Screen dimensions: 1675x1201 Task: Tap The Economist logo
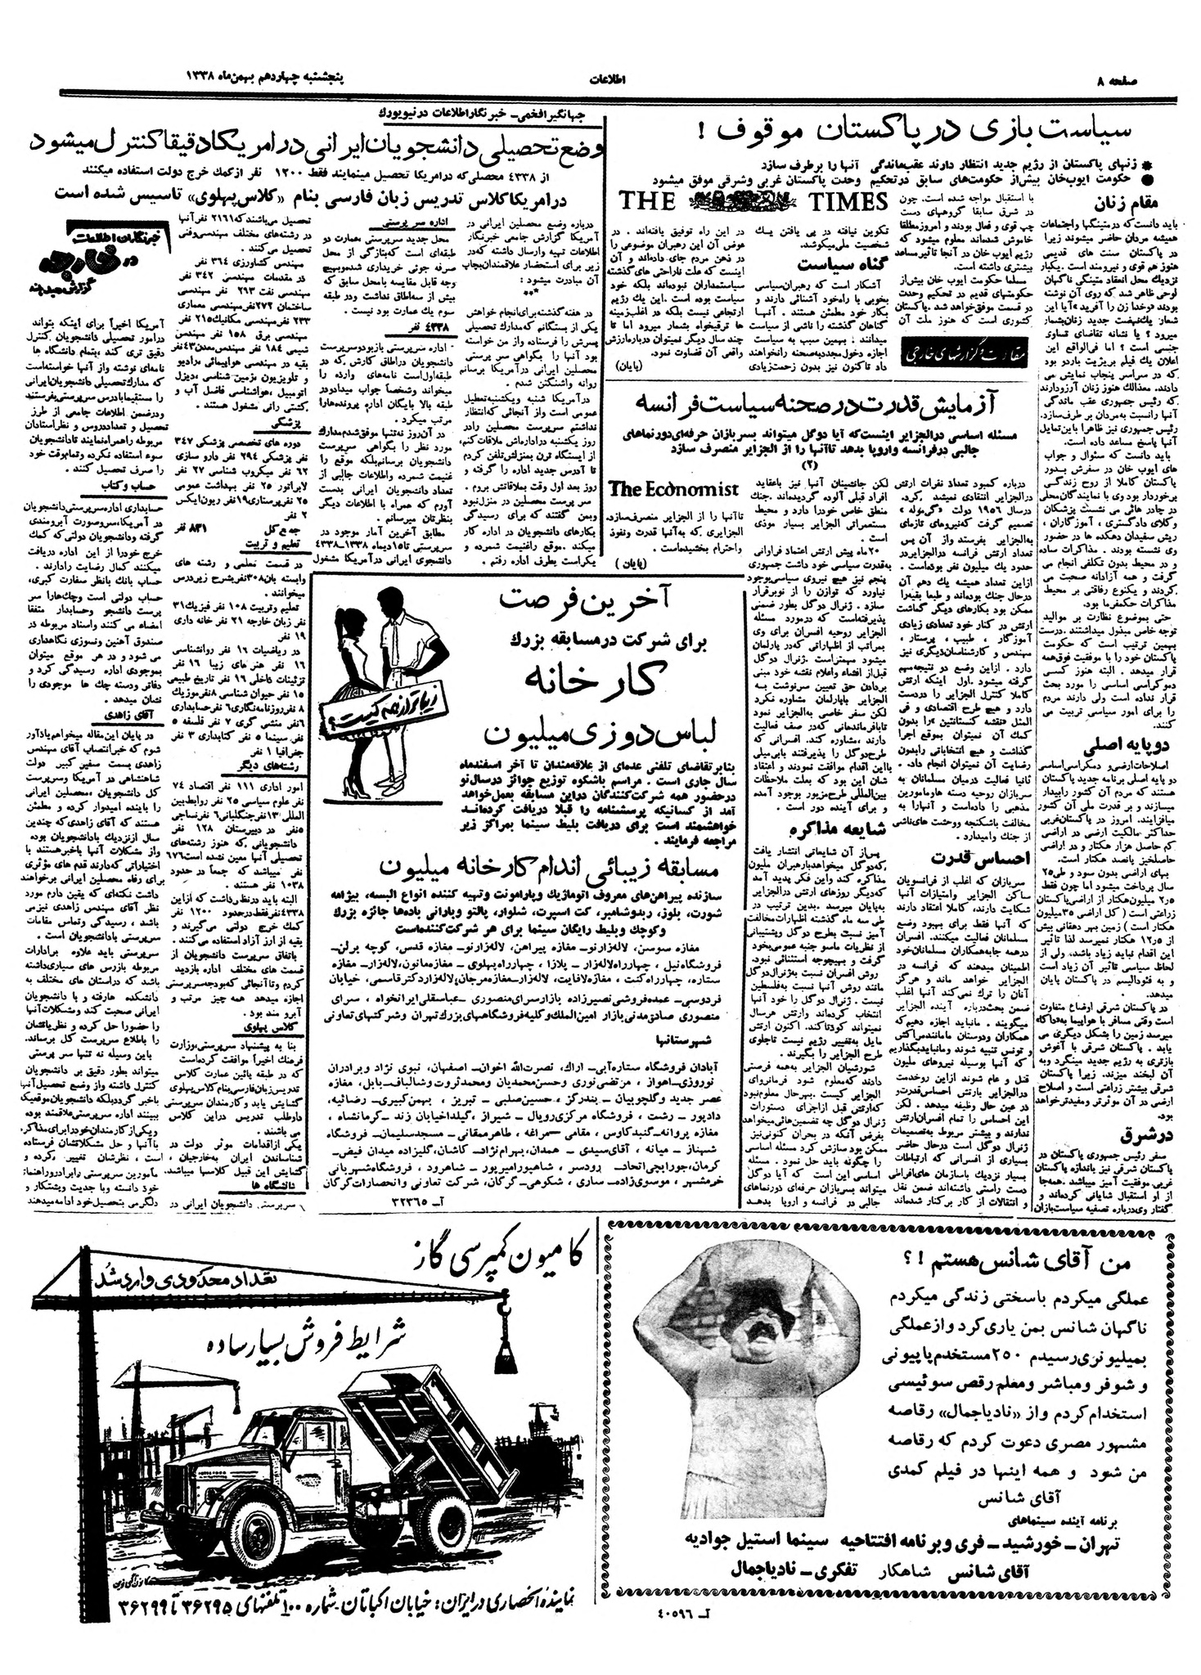coord(674,488)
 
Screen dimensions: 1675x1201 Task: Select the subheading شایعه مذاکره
coord(816,833)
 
